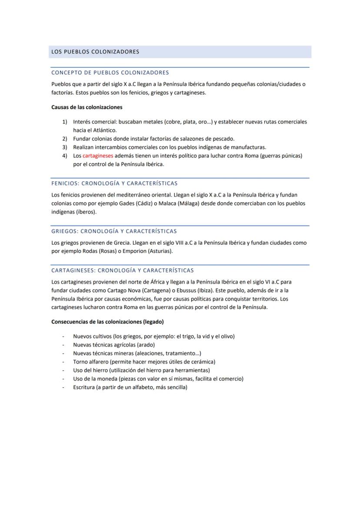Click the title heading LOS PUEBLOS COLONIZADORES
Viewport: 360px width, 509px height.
[95, 52]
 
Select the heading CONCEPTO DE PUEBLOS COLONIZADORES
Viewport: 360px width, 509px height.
[110, 73]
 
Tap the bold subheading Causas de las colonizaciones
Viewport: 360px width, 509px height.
[87, 107]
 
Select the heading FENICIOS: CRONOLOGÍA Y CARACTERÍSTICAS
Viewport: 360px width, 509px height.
[114, 183]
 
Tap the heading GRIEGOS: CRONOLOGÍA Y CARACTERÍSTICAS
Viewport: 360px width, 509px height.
[114, 231]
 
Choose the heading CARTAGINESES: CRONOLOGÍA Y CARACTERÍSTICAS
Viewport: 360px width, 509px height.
[123, 270]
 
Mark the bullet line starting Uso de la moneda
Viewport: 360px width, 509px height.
[158, 379]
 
